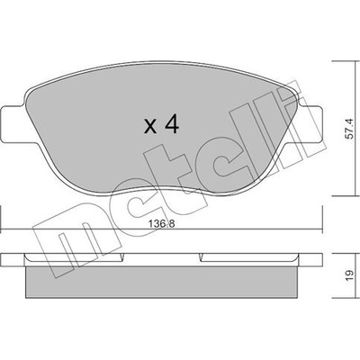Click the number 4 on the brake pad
[x=172, y=124]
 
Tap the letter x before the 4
[x=150, y=126]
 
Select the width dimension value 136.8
[x=161, y=224]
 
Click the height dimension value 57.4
[x=350, y=129]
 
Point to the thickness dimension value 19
[x=350, y=275]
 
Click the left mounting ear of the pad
[x=12, y=124]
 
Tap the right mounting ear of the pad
[x=311, y=124]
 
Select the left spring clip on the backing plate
[x=74, y=257]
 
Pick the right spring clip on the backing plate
[x=249, y=257]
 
